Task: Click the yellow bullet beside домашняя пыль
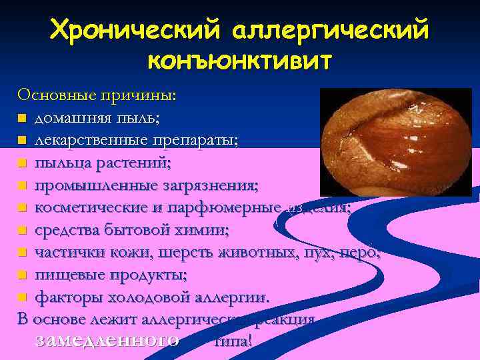[x=22, y=119]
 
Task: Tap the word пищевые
[x=64, y=274]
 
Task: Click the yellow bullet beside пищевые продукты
[x=22, y=275]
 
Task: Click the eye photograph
[x=395, y=142]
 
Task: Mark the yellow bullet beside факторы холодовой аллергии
[x=22, y=297]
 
